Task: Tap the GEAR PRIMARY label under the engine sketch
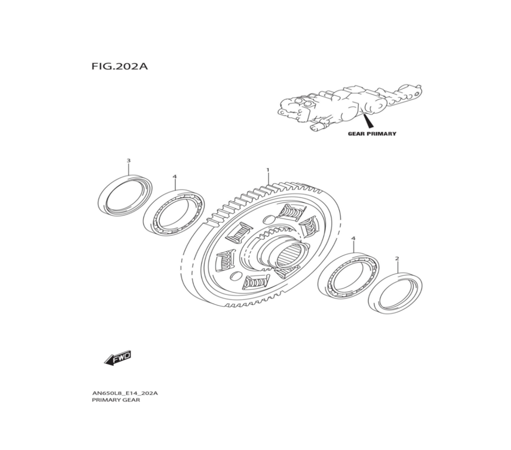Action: pos(371,134)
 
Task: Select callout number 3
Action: pos(128,161)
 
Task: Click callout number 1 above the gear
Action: pos(267,169)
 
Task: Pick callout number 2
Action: pos(397,259)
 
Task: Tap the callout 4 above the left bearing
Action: pos(175,176)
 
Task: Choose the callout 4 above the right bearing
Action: pos(353,239)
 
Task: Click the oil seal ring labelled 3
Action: pos(125,196)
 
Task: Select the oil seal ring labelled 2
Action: pos(396,293)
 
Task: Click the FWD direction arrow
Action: pos(118,357)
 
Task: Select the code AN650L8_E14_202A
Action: pos(125,393)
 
